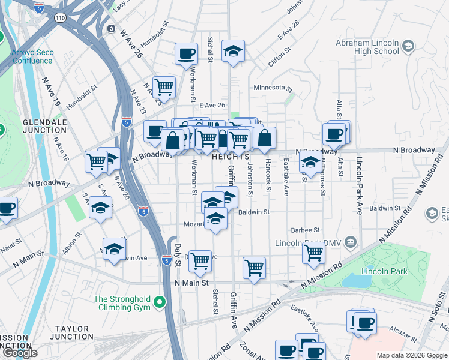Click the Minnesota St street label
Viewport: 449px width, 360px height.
(x=273, y=88)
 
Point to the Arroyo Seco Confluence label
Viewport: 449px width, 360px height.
(x=32, y=56)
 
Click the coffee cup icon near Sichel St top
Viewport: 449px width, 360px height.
(x=186, y=53)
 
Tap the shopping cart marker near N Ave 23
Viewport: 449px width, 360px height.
(x=163, y=87)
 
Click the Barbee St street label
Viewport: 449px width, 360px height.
(x=305, y=230)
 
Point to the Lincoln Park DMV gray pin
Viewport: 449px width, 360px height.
(x=351, y=243)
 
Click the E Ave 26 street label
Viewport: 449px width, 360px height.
(x=212, y=106)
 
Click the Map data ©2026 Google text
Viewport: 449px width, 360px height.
(x=411, y=355)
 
